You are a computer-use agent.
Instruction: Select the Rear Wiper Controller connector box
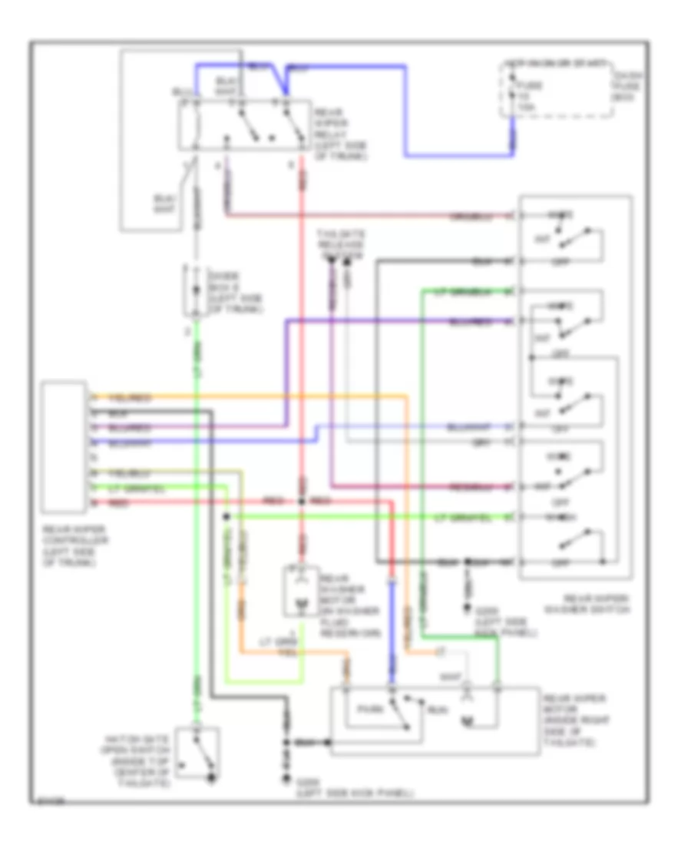64,446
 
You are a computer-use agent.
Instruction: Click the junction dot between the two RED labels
302,502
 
